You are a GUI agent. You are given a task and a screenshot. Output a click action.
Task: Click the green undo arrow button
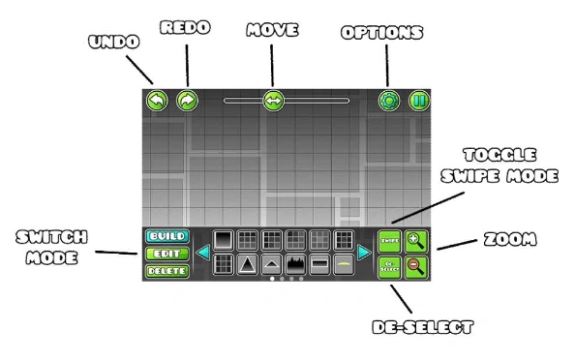pyautogui.click(x=157, y=100)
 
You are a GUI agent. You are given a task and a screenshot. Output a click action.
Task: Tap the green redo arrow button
pyautogui.click(x=187, y=100)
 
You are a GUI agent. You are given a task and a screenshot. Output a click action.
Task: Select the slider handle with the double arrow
pyautogui.click(x=273, y=100)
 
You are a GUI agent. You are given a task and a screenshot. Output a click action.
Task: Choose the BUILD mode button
pyautogui.click(x=166, y=236)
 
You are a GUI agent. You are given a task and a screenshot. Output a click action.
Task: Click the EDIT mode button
pyautogui.click(x=166, y=254)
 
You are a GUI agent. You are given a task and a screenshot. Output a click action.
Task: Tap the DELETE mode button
pyautogui.click(x=166, y=271)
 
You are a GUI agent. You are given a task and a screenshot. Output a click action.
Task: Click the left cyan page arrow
pyautogui.click(x=202, y=254)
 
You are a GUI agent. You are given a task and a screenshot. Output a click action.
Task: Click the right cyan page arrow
pyautogui.click(x=365, y=254)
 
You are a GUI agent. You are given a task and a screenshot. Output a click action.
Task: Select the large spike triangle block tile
pyautogui.click(x=248, y=264)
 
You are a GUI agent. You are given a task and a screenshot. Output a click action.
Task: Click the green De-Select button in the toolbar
pyautogui.click(x=388, y=267)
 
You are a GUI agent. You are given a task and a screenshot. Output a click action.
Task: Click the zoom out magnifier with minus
pyautogui.click(x=417, y=267)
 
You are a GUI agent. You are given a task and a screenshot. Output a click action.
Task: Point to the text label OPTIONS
pyautogui.click(x=382, y=33)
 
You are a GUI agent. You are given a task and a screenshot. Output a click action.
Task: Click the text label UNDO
pyautogui.click(x=114, y=43)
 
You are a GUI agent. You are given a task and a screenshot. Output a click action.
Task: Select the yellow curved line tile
pyautogui.click(x=343, y=264)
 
